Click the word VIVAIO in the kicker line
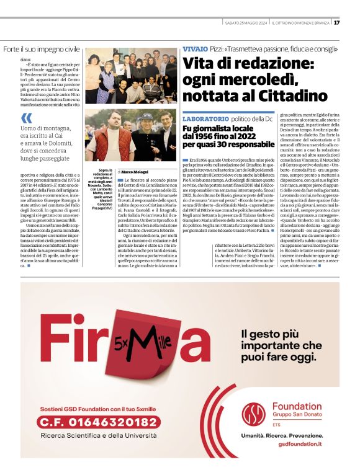pyautogui.click(x=195, y=49)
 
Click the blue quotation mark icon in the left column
pyautogui.click(x=26, y=118)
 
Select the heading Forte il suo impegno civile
pyautogui.click(x=42, y=48)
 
